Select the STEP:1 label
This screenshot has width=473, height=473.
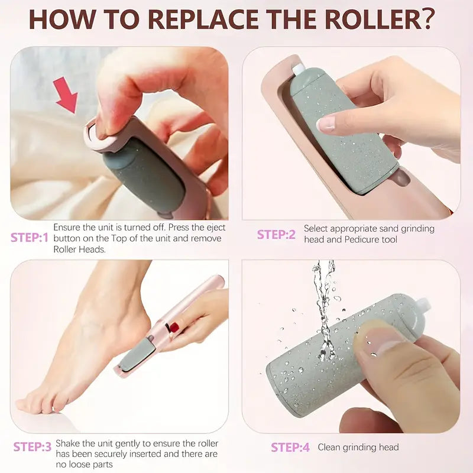tap(29, 238)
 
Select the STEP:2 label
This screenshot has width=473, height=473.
tap(276, 234)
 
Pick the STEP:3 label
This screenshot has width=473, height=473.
tap(32, 447)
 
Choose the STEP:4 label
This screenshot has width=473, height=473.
tap(290, 448)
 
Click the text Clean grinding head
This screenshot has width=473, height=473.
tap(358, 447)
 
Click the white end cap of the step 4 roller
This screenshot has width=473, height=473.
tap(422, 308)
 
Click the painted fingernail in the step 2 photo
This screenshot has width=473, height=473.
tap(326, 124)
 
